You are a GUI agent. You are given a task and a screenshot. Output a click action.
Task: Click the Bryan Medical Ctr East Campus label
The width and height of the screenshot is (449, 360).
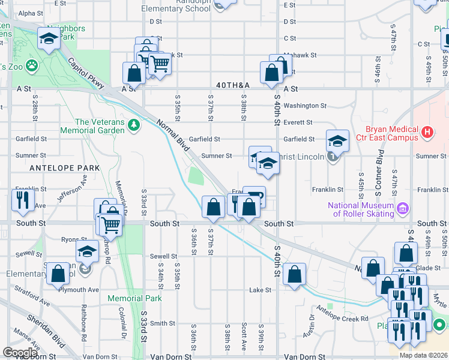pos(392,133)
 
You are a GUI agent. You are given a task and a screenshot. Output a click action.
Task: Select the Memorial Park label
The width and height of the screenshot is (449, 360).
pos(134,298)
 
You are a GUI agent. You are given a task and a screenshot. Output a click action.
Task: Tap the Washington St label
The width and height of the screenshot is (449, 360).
pos(305,106)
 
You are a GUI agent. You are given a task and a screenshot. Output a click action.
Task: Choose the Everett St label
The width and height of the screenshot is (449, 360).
pos(298,122)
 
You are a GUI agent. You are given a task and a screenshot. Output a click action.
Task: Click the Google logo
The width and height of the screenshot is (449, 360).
pos(20,352)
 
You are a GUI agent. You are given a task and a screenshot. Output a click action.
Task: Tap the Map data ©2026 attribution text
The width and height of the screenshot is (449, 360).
pos(423,355)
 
